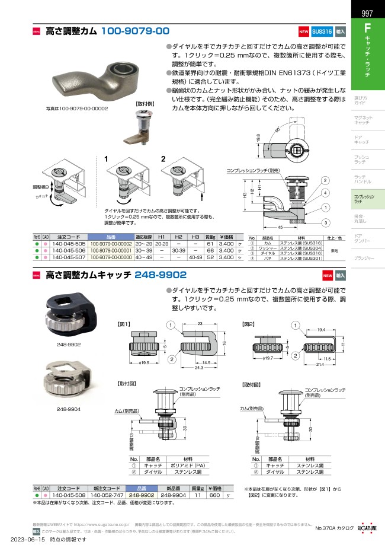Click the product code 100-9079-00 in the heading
136,31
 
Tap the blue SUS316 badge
322,31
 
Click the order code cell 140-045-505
68,244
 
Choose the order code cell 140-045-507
68,258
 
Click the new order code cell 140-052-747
107,494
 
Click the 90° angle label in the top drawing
277,130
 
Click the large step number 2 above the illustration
163,158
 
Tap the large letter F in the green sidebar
367,28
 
